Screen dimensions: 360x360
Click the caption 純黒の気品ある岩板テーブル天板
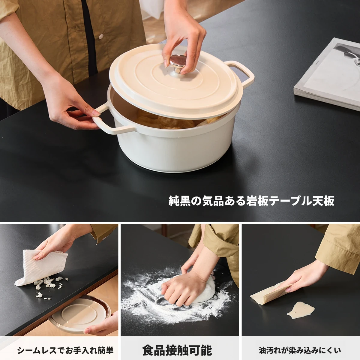251,201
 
